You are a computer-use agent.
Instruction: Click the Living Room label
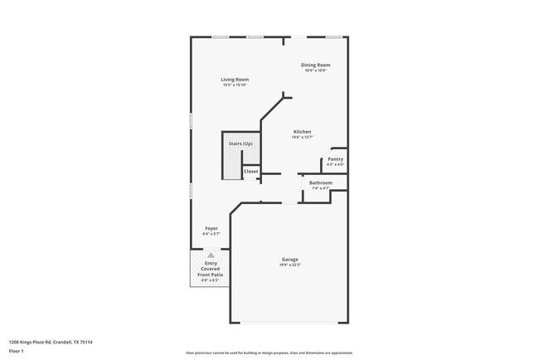[x=235, y=80]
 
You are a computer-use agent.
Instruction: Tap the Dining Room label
[x=315, y=65]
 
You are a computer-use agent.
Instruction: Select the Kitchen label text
[x=302, y=132]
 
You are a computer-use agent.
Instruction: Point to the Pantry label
[x=335, y=159]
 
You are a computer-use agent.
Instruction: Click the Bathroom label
[x=321, y=182]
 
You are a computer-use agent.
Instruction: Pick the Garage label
[x=289, y=259]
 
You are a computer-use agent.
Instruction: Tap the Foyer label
[x=211, y=228]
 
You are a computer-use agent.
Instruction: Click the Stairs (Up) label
[x=240, y=144]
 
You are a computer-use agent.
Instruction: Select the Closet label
[x=250, y=172]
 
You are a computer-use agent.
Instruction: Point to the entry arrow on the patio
[x=211, y=255]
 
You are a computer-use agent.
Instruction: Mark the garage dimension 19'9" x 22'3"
[x=289, y=265]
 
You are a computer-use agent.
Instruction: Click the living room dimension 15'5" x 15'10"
[x=235, y=85]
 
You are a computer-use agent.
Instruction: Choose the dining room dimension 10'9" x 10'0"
[x=315, y=71]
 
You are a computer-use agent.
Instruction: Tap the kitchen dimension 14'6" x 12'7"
[x=302, y=138]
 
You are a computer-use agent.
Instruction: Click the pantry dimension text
[x=335, y=165]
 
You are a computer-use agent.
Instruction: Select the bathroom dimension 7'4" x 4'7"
[x=321, y=188]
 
